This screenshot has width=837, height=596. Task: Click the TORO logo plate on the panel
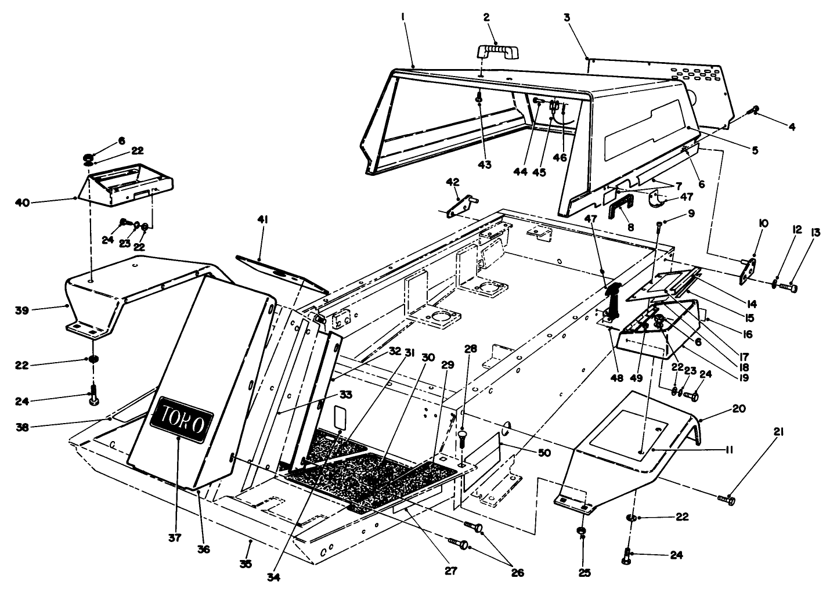(x=182, y=419)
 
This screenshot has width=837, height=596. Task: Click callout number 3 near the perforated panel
(x=567, y=18)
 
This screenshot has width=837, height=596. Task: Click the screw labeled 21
(x=726, y=498)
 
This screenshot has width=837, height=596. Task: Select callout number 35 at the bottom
(x=246, y=564)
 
